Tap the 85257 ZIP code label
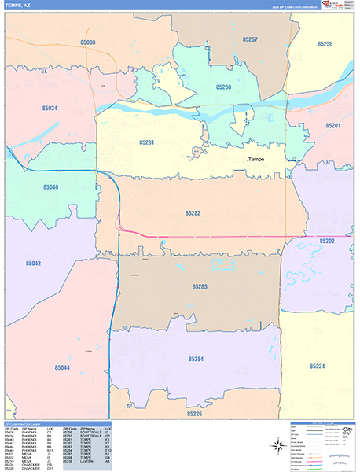pyautogui.click(x=250, y=39)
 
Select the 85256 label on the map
pyautogui.click(x=325, y=44)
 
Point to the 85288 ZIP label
pyautogui.click(x=224, y=87)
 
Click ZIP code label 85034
pyautogui.click(x=50, y=108)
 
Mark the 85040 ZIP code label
pyautogui.click(x=50, y=187)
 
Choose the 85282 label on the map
pyautogui.click(x=193, y=213)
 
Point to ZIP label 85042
pyautogui.click(x=32, y=264)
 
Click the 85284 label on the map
pyautogui.click(x=196, y=359)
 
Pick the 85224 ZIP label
pyautogui.click(x=317, y=367)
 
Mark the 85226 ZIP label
pyautogui.click(x=194, y=413)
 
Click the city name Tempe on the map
pyautogui.click(x=257, y=160)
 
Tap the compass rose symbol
pyautogui.click(x=277, y=446)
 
